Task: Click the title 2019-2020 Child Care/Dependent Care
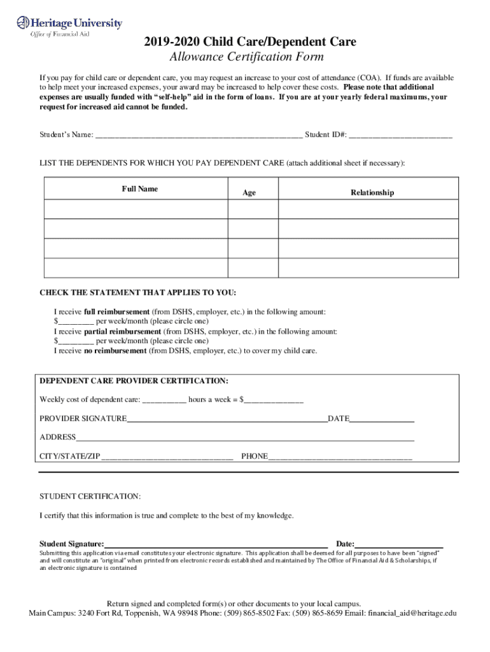[249, 42]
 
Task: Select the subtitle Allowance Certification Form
[246, 57]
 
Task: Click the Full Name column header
[140, 189]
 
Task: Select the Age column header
[249, 192]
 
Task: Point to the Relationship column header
[372, 192]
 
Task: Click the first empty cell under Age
[253, 208]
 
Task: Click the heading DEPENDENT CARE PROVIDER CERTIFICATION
[134, 381]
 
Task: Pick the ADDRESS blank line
[245, 437]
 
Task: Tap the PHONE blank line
[340, 457]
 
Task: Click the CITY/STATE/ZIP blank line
[167, 457]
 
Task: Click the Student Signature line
[216, 544]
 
